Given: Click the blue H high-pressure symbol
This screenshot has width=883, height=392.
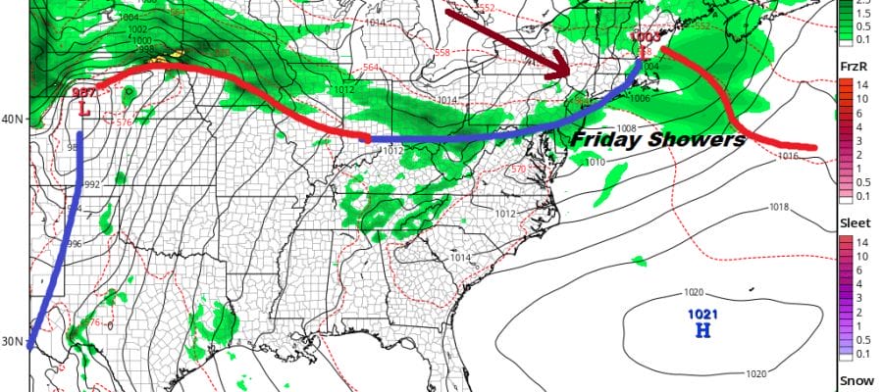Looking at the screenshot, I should pos(702,330).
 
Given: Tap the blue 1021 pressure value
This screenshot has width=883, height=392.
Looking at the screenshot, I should pos(702,315).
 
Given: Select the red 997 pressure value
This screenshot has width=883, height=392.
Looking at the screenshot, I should pos(83,93).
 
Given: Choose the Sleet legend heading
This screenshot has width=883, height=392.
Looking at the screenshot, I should pos(855,223).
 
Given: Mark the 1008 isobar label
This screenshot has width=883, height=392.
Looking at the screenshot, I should pos(628,128).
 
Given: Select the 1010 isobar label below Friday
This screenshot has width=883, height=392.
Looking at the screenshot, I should pos(595,162).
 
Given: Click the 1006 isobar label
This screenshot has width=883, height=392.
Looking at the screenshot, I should pos(640,98).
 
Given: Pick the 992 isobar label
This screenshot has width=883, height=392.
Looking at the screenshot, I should pos(91,184).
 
